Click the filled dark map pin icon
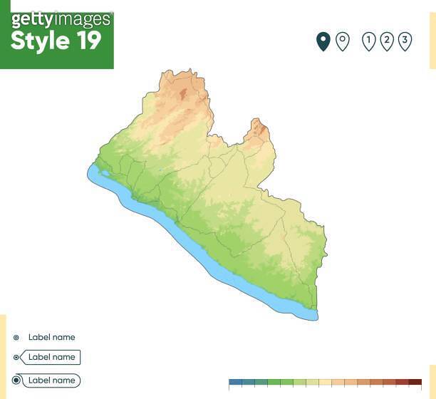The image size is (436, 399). pos(323,41)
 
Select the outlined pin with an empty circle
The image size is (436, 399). pos(343,41)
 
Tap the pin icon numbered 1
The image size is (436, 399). pos(369,41)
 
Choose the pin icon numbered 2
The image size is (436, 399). pos(387,41)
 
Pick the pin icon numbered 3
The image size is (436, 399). pos(405,41)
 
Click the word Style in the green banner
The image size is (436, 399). pos(38,41)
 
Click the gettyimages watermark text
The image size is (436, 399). pos(61,19)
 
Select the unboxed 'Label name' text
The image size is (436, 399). pos(51,338)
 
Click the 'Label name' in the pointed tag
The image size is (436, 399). pos(51,357)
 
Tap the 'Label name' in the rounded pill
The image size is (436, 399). pos(51,380)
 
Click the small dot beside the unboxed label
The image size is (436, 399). pos(16,338)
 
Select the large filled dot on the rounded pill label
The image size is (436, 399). pos(16,380)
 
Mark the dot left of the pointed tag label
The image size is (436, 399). pos(16,357)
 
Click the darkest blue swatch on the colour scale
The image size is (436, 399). pos(235,383)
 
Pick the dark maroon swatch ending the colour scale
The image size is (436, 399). pos(415,383)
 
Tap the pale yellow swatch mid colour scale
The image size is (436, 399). pos(325,383)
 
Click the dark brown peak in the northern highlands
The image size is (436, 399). pos(183,93)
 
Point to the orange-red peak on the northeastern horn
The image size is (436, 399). pos(261,130)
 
